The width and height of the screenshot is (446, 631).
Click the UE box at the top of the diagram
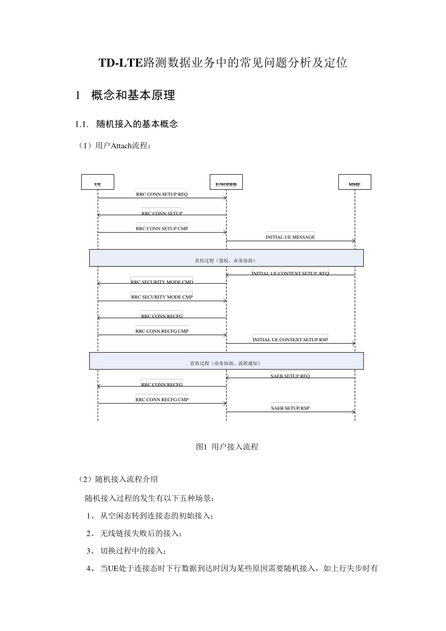(x=98, y=182)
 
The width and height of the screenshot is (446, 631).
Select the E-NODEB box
(x=226, y=182)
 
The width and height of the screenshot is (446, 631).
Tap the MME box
(x=354, y=182)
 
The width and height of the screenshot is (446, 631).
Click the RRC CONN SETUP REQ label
(x=161, y=194)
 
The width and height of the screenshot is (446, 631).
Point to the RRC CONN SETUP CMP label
(x=161, y=228)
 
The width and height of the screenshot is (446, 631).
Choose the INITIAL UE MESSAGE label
(x=290, y=237)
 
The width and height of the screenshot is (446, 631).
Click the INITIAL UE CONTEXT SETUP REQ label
(x=290, y=273)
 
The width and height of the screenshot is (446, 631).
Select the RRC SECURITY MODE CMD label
(x=161, y=282)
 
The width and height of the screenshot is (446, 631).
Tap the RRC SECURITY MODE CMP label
(x=161, y=297)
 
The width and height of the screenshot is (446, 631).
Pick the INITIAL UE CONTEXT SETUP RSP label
(x=290, y=339)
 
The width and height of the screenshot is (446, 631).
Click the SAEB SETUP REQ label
(x=290, y=376)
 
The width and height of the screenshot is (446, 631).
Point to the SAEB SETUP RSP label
(x=290, y=408)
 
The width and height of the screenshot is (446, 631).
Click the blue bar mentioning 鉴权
(x=226, y=258)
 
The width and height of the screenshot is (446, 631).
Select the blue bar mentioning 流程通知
(x=226, y=361)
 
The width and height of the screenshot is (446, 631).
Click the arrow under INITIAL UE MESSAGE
(x=290, y=241)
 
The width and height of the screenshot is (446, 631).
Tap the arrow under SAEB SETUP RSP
(x=290, y=412)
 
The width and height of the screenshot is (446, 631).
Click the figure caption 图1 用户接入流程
(x=227, y=447)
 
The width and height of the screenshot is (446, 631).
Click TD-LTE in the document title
(x=120, y=63)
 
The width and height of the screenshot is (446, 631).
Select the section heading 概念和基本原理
(x=133, y=95)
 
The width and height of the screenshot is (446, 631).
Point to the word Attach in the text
(x=121, y=146)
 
